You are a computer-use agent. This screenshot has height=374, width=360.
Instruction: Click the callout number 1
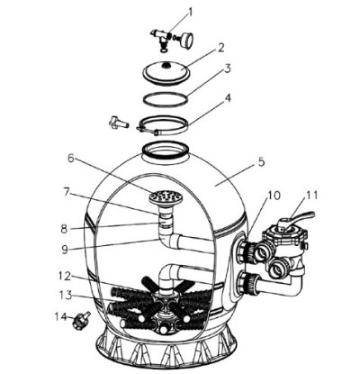(x=190, y=13)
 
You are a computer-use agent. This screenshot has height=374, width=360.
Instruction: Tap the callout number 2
(x=220, y=48)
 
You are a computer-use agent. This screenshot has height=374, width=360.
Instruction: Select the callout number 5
(x=261, y=162)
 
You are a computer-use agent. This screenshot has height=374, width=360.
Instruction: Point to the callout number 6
(x=71, y=159)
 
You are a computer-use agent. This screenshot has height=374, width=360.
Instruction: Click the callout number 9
(x=65, y=250)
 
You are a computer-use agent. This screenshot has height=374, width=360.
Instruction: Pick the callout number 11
(x=310, y=196)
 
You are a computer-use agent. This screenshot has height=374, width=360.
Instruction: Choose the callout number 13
(x=65, y=295)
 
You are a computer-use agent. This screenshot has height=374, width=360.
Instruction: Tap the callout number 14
(x=60, y=316)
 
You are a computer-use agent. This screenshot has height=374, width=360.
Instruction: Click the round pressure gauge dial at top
(x=185, y=40)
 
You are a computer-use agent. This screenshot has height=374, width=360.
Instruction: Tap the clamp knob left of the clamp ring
(x=119, y=123)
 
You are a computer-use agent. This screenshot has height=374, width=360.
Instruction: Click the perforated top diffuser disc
(x=166, y=196)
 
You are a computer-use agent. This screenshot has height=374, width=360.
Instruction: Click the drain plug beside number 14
(x=79, y=321)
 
